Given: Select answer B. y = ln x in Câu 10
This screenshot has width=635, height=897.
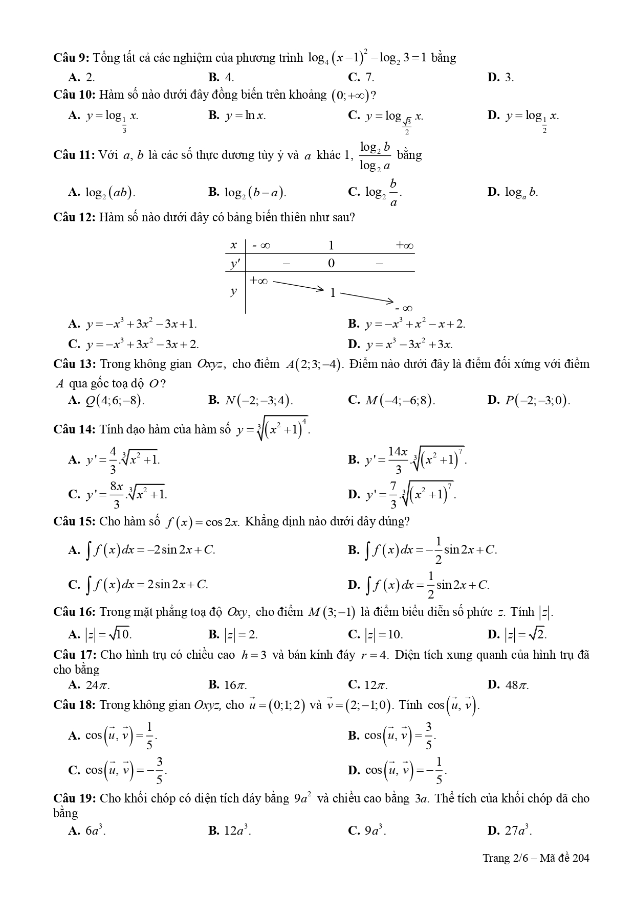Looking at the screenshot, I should click(237, 116).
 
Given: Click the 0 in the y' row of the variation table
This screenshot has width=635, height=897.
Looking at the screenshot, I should click(331, 263).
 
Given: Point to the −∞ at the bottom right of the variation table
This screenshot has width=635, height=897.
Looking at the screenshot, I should click(404, 308).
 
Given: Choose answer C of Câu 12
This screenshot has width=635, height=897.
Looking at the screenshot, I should click(134, 344).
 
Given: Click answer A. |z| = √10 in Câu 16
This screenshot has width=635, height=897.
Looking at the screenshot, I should click(100, 635).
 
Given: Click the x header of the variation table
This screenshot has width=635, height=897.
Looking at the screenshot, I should click(234, 245).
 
